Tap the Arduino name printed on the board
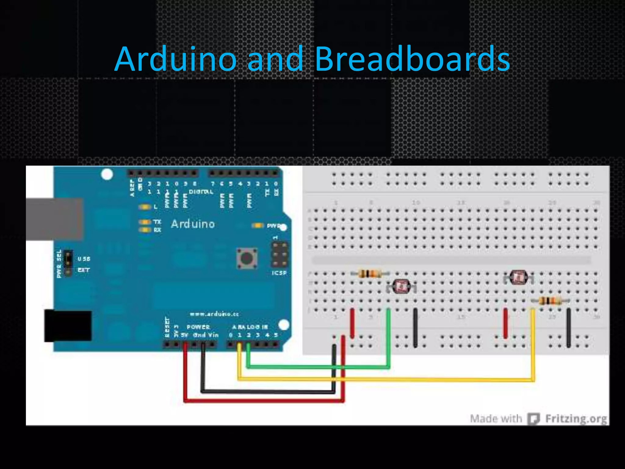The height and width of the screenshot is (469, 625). click(x=193, y=224)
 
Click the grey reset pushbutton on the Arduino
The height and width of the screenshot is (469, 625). click(x=247, y=258)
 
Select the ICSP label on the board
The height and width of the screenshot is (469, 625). click(x=279, y=273)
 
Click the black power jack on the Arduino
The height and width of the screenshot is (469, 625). click(x=68, y=326)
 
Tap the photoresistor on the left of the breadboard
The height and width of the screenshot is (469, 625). click(x=401, y=286)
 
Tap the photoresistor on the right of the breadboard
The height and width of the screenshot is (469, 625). click(x=518, y=277)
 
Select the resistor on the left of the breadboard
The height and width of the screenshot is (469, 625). click(x=370, y=274)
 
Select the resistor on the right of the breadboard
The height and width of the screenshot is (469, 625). click(x=550, y=301)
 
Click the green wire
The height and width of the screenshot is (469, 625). click(x=317, y=367)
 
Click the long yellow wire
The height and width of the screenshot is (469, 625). click(x=385, y=380)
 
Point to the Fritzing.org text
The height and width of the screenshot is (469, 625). click(x=576, y=419)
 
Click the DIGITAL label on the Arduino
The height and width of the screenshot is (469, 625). click(x=201, y=192)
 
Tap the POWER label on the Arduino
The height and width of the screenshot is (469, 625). click(x=198, y=327)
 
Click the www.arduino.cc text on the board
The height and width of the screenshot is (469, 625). click(x=214, y=314)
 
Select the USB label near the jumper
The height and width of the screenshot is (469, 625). click(x=84, y=259)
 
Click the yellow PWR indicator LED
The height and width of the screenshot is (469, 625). click(x=258, y=226)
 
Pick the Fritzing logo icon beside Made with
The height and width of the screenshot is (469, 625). click(x=534, y=419)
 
